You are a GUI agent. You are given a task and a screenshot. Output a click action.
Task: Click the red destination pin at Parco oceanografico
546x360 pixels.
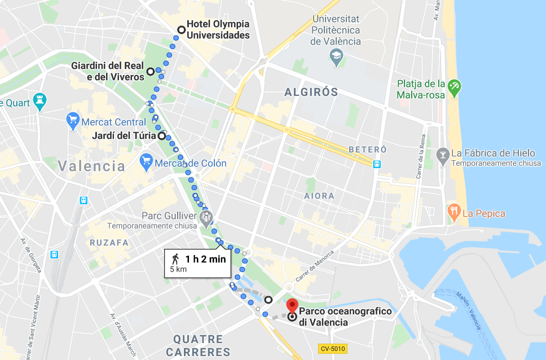pos(292,305)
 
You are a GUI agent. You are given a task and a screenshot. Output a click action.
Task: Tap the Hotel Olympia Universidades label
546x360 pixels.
pos(218,30)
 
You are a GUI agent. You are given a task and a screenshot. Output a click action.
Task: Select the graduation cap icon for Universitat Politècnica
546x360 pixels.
pos(336,56)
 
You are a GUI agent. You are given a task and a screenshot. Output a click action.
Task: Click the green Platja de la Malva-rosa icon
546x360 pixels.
pos(454,87)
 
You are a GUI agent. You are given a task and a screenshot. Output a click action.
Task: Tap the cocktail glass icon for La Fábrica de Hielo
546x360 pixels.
pos(443,154)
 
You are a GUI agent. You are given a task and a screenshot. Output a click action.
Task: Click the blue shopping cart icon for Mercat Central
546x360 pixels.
pos(73,121)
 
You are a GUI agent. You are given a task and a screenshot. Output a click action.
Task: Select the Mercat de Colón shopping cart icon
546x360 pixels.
pos(146,163)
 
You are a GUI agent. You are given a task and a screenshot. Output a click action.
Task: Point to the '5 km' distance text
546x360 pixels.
pos(178,270)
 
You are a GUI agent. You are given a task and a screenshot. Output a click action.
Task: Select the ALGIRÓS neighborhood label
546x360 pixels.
pos(311,92)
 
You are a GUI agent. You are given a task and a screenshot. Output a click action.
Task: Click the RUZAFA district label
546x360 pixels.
pos(109,243)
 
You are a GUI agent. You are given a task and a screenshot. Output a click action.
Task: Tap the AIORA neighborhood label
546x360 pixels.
pos(319,196)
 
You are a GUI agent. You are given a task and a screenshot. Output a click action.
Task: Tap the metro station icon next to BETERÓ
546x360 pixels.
pos(376,164)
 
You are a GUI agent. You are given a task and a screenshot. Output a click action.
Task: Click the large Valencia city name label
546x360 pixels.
pos(91,166)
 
